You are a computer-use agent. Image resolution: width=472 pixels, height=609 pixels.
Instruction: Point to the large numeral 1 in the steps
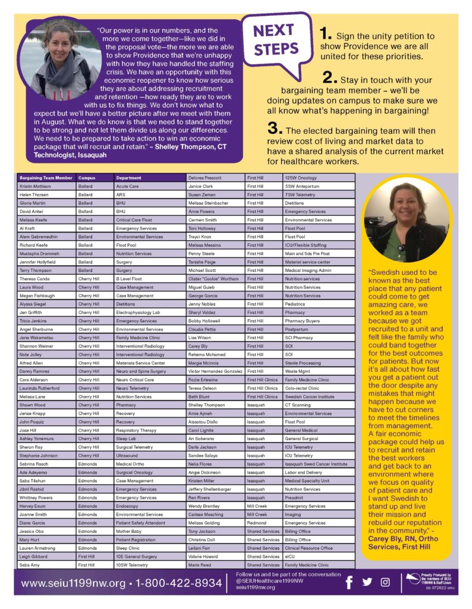[x=326, y=33]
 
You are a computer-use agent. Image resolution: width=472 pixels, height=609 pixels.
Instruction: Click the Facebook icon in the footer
[x=349, y=582]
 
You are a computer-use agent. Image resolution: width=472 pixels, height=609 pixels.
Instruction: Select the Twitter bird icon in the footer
[x=367, y=582]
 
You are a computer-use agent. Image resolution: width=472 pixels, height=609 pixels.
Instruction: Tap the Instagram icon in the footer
[x=385, y=582]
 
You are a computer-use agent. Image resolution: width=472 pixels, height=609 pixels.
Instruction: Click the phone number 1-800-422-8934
[x=179, y=583]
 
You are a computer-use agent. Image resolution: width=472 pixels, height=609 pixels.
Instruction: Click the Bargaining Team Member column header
[x=46, y=178]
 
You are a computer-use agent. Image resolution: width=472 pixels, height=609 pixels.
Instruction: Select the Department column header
[x=129, y=178]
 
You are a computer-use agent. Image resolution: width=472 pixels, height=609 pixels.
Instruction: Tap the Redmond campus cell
[x=257, y=523]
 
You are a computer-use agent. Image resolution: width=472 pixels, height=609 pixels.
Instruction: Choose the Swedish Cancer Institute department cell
[x=309, y=396]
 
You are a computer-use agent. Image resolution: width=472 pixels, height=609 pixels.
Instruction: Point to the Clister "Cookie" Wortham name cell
[x=213, y=279]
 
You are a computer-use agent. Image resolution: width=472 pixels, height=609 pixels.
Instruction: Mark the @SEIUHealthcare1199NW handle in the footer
[x=270, y=580]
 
